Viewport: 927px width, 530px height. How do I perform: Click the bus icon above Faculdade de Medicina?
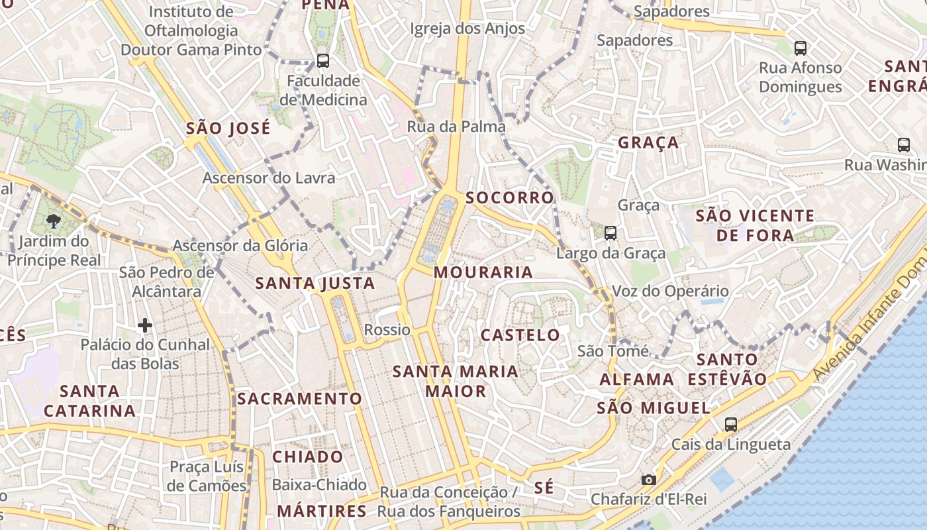(x=323, y=61)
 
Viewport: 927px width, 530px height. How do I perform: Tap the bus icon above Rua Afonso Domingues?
(x=800, y=48)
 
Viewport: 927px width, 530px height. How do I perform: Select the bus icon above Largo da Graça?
(x=610, y=233)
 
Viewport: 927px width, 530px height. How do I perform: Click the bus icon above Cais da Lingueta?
(x=731, y=424)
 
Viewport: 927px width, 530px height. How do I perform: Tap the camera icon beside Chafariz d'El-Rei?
(x=648, y=480)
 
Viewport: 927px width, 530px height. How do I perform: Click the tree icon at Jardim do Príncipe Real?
(x=54, y=221)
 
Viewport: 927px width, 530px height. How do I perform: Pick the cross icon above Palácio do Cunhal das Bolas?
(x=145, y=325)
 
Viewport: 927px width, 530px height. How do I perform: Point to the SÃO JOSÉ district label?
(x=228, y=128)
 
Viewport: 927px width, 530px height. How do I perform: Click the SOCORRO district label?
(x=509, y=197)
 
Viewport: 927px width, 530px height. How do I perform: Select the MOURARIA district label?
(x=483, y=272)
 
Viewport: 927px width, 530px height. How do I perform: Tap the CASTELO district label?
(x=520, y=335)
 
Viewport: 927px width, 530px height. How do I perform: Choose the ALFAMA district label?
(x=637, y=380)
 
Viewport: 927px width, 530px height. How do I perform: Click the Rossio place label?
(x=387, y=330)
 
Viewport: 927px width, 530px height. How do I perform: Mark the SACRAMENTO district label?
(x=299, y=399)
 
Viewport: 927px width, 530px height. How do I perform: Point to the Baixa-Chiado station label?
(x=319, y=485)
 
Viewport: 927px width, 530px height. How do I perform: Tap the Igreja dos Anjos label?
(x=467, y=28)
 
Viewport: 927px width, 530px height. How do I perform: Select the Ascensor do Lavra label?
(x=269, y=178)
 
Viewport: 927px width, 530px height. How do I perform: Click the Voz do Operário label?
(x=670, y=291)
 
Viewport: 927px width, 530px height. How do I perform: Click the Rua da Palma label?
(x=456, y=127)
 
